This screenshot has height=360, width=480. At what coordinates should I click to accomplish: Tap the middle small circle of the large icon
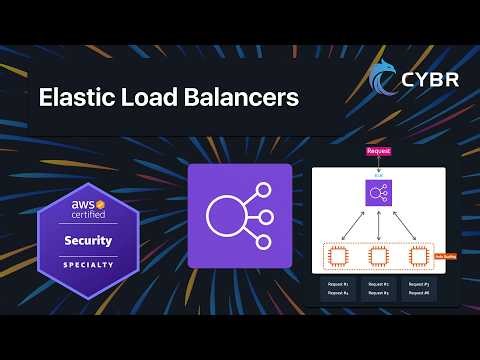[269, 215]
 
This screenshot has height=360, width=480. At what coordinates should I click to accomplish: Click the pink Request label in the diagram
[379, 150]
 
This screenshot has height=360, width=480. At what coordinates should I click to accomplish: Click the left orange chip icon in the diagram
[338, 256]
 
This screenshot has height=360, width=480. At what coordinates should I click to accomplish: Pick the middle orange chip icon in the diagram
[379, 256]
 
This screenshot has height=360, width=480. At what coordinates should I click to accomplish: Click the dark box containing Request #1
[338, 288]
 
